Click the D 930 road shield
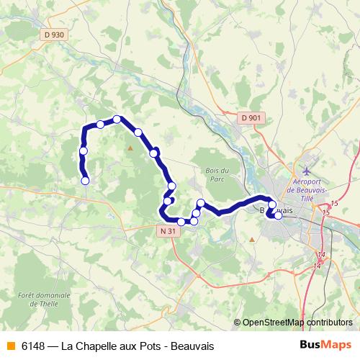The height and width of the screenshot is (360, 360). click(x=53, y=34)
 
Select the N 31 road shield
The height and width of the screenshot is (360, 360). click(x=167, y=231)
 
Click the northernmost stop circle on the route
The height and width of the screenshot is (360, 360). click(x=117, y=120)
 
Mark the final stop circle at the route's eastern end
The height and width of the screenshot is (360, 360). click(x=278, y=215)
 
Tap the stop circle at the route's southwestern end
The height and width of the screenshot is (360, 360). click(x=85, y=181)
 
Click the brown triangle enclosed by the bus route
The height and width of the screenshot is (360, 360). click(x=130, y=148)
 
